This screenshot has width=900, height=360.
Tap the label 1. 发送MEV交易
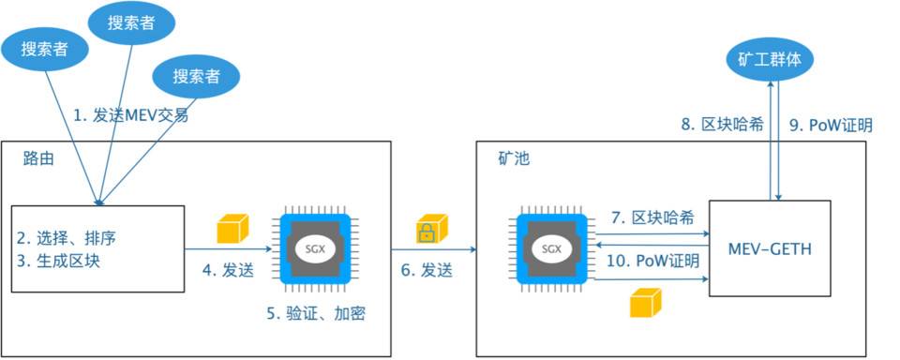coord(131,116)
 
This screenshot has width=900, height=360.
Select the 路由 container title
coord(38,158)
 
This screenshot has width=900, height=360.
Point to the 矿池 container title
coord(513,158)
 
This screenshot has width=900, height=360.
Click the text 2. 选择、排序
coord(64,236)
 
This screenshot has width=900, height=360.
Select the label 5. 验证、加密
coord(316,314)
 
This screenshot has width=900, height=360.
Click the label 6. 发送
coord(427,271)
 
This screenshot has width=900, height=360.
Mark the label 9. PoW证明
coord(832,125)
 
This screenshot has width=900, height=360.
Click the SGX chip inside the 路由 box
coord(316,249)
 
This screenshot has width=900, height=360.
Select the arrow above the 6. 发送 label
coord(432,249)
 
